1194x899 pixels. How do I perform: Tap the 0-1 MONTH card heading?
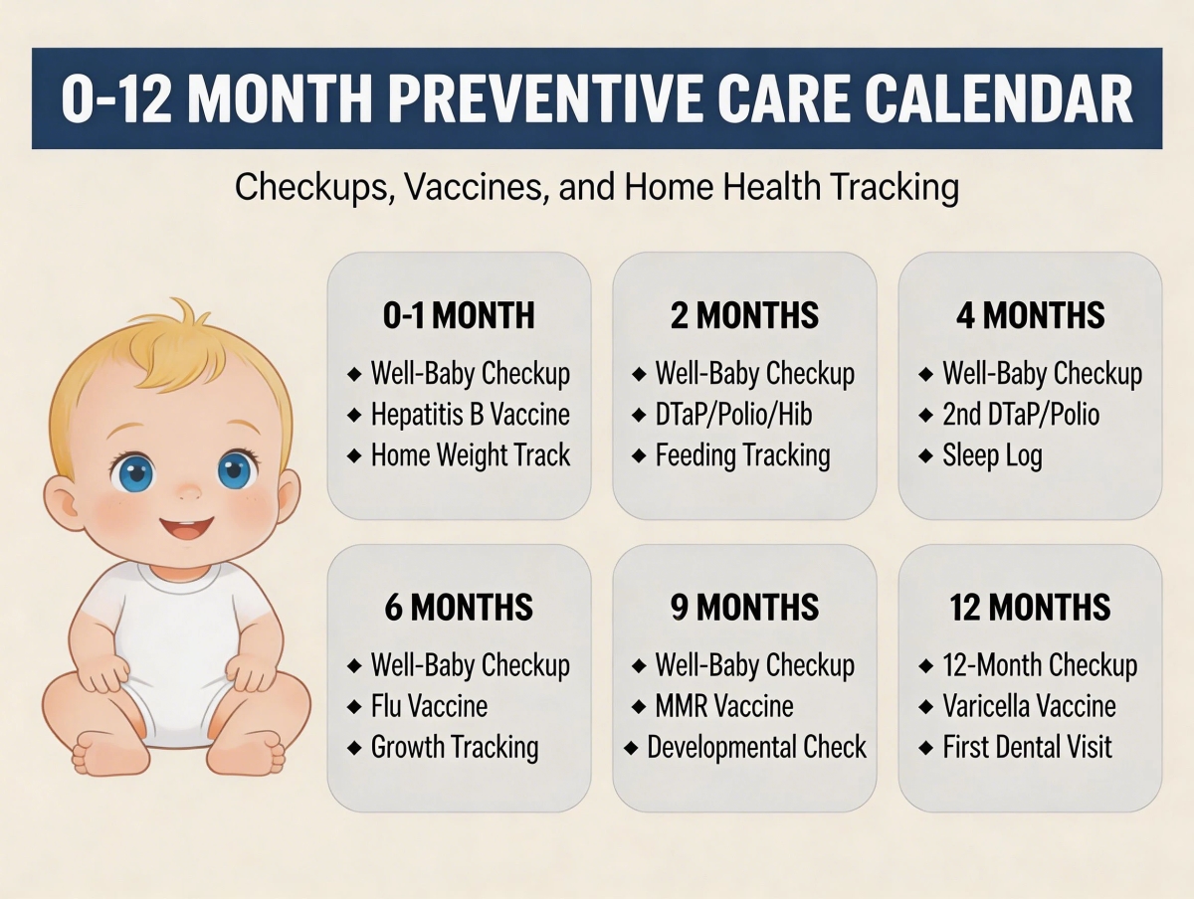(459, 316)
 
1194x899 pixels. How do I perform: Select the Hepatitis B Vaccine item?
(471, 415)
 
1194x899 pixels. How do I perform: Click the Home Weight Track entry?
(471, 455)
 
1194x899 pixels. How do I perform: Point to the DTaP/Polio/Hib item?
(734, 415)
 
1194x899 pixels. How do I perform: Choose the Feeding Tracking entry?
(742, 455)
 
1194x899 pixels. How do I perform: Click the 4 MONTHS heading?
(1030, 316)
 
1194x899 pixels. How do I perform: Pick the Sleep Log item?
(992, 455)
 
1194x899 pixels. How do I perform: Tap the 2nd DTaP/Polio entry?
(1021, 415)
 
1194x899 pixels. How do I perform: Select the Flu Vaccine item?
(429, 706)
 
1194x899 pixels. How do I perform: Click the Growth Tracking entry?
(455, 747)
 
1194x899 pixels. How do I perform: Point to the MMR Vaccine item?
(724, 706)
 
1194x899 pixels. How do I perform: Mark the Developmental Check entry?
(756, 747)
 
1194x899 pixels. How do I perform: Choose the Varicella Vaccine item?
(1030, 706)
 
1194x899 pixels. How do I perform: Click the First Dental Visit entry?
(1028, 747)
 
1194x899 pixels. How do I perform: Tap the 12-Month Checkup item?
(1040, 665)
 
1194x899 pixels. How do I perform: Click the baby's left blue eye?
(132, 471)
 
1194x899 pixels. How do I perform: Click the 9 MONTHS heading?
(745, 608)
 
